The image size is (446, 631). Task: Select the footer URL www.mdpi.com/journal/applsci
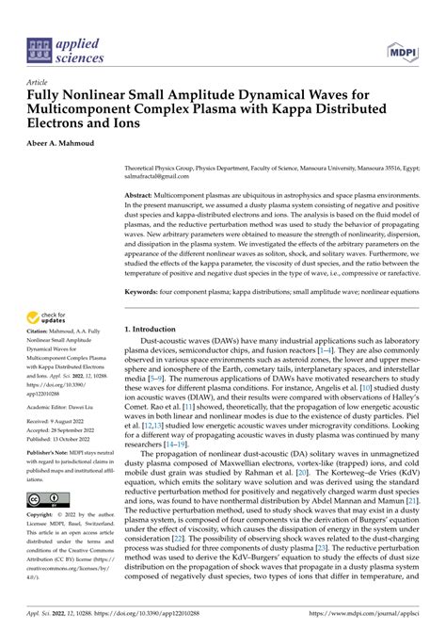click(383, 611)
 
